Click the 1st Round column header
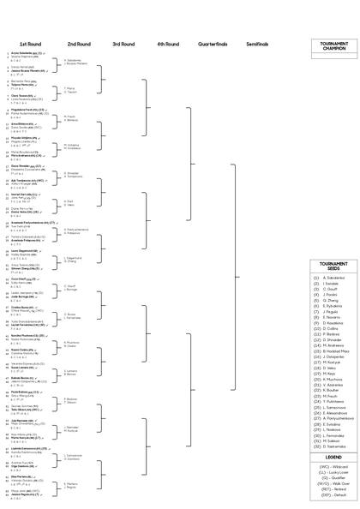click(30, 44)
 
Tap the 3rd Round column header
click(123, 44)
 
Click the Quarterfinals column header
click(212, 44)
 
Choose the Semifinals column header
click(256, 44)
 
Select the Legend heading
click(333, 458)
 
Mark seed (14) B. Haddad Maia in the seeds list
click(334, 350)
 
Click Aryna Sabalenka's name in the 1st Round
click(31, 51)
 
